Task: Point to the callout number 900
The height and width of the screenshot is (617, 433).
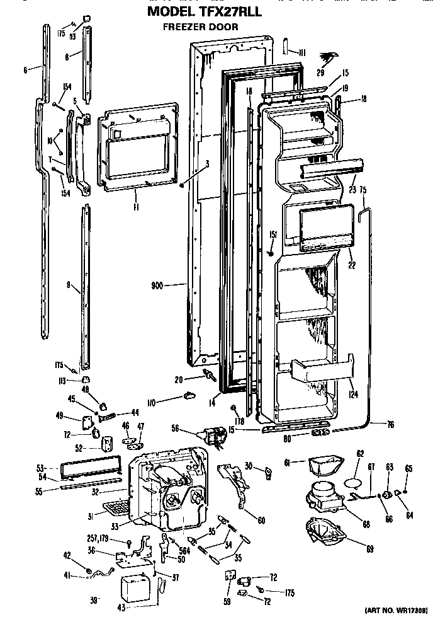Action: click(157, 285)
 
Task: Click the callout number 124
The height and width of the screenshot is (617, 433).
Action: click(352, 395)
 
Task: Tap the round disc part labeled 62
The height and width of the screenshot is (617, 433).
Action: click(356, 483)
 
